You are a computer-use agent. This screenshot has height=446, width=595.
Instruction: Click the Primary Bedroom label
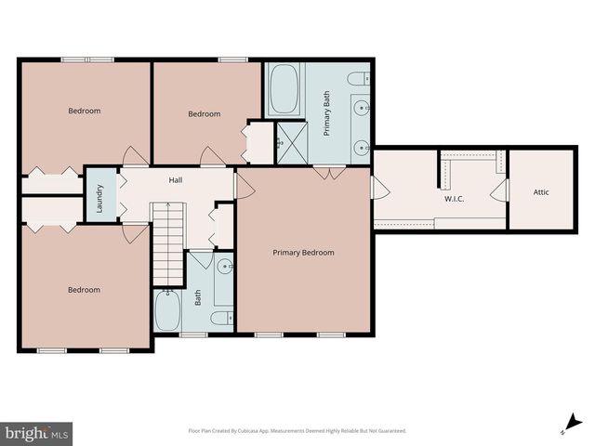(302, 252)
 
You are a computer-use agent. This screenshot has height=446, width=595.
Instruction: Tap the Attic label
(541, 192)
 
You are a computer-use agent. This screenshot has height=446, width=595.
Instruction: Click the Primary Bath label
(327, 119)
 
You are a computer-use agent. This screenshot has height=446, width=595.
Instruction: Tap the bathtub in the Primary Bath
(283, 90)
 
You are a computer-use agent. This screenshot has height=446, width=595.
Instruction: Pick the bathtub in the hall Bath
(168, 310)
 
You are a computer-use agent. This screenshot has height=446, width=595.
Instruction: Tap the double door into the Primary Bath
(324, 172)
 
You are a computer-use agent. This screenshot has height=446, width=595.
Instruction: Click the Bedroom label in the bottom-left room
(84, 289)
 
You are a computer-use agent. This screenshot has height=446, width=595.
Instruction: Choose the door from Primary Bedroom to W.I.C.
(379, 187)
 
